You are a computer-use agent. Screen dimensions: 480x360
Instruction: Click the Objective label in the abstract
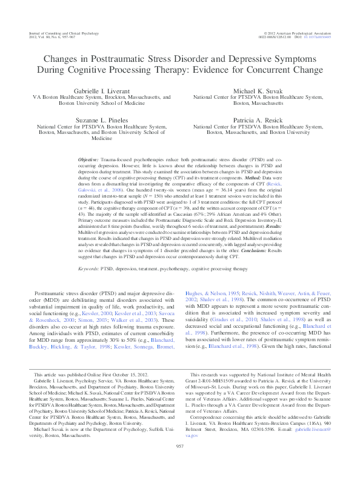[x=90, y=158]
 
